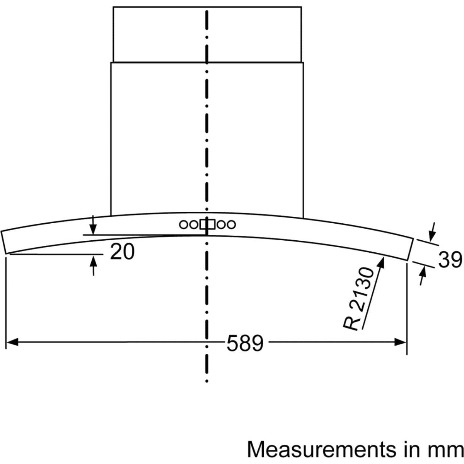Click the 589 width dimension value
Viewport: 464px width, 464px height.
coord(245,342)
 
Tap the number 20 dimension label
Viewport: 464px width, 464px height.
coord(122,252)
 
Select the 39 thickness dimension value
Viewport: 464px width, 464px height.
coord(450,259)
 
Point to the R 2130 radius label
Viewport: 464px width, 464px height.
coord(358,299)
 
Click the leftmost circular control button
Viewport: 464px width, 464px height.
coord(183,225)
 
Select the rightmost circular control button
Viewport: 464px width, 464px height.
coord(231,225)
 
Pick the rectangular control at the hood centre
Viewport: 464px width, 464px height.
coord(207,224)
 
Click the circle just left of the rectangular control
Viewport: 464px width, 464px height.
coord(194,225)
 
